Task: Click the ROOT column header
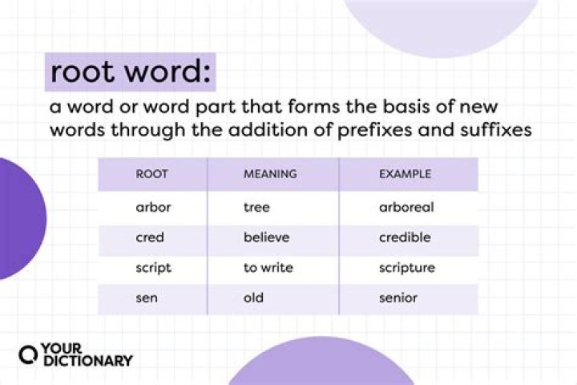(151, 173)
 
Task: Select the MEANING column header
(270, 173)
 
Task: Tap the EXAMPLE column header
(406, 173)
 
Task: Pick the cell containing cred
(149, 237)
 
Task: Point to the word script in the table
(153, 268)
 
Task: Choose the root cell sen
(147, 298)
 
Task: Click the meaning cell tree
(256, 208)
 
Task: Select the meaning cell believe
(266, 237)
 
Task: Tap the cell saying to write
(268, 268)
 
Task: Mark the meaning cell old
(253, 298)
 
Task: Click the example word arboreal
(406, 208)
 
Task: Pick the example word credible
(405, 237)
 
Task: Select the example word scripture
(407, 268)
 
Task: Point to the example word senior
(398, 298)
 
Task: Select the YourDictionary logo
(75, 355)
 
